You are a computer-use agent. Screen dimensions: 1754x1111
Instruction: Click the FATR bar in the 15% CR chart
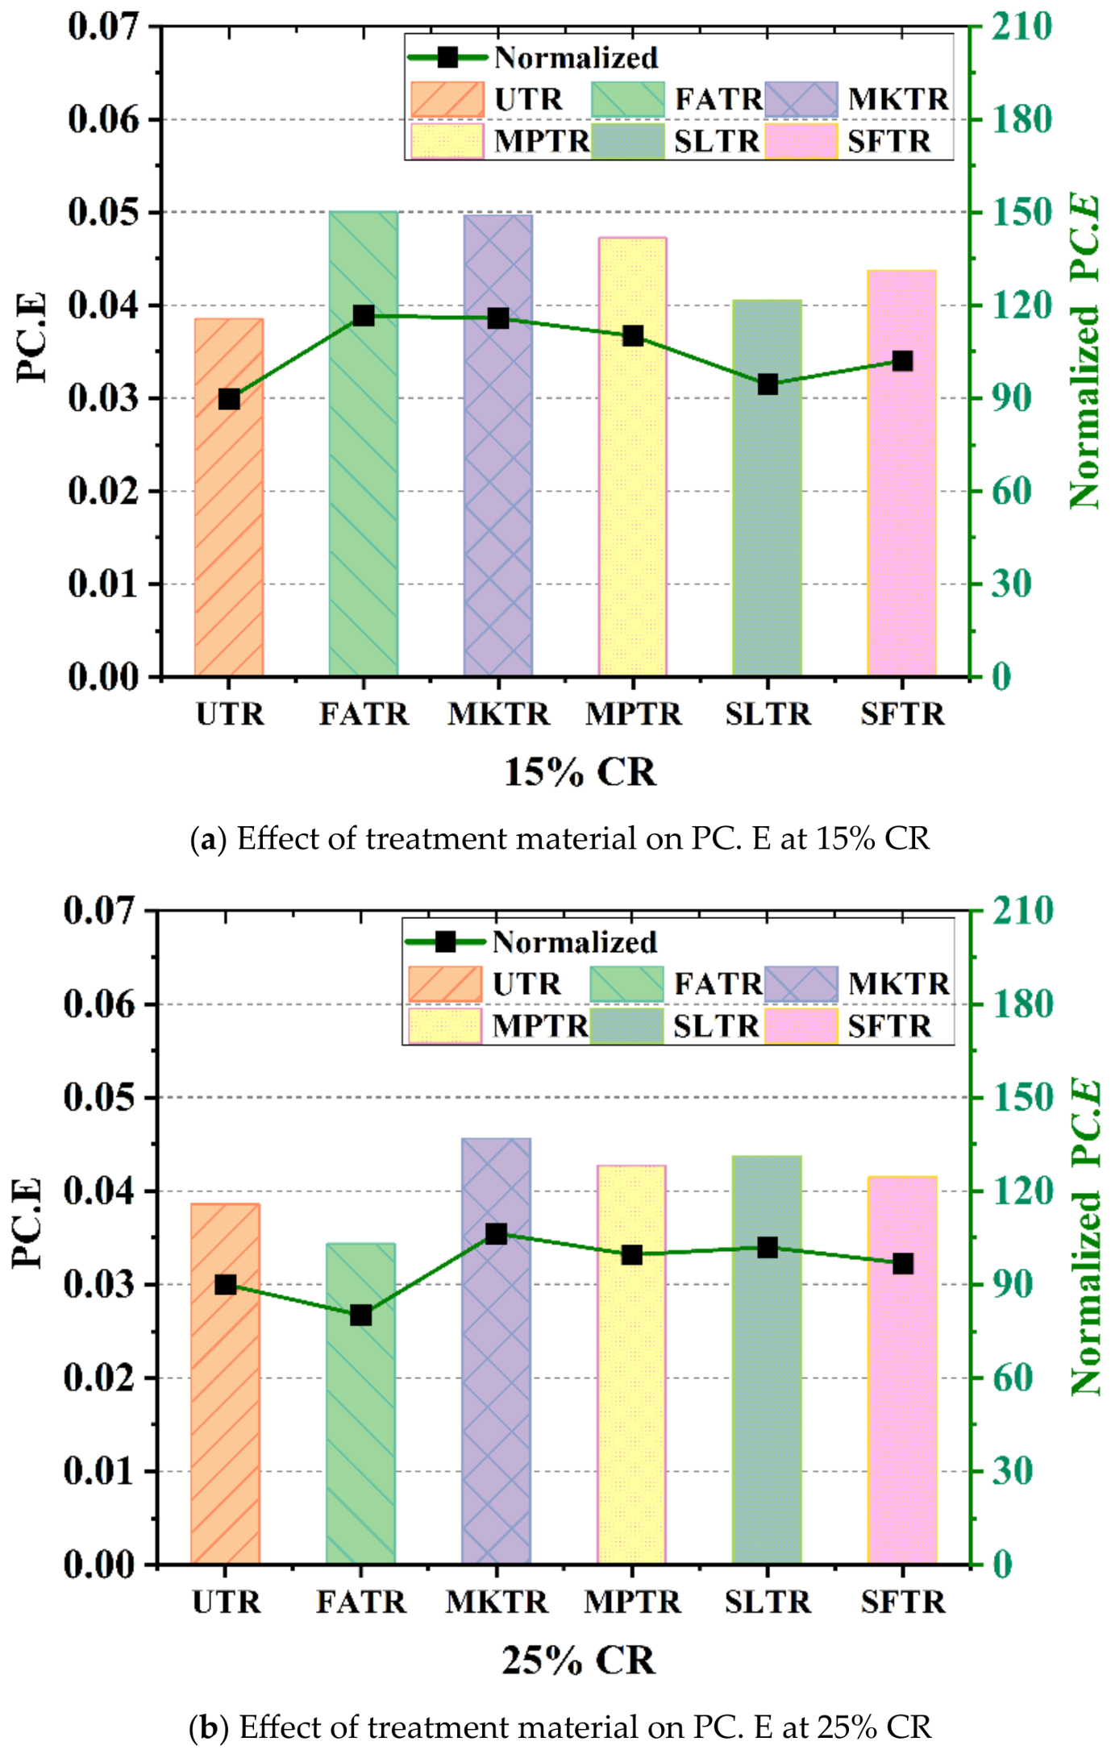[x=363, y=484]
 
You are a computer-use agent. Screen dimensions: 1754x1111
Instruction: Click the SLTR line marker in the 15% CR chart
[x=768, y=384]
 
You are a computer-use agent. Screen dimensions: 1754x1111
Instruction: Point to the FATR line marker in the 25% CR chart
[x=360, y=1315]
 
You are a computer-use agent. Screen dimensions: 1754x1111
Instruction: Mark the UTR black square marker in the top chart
[x=229, y=399]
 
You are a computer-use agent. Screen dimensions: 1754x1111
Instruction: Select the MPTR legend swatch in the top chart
[x=447, y=141]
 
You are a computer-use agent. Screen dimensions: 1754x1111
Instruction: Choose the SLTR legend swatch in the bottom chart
[x=626, y=1026]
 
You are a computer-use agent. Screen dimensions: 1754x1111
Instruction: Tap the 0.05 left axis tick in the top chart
[x=104, y=213]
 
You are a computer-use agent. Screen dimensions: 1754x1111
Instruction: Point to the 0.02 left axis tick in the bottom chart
[x=100, y=1378]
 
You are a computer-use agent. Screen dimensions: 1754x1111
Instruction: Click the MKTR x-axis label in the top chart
[x=498, y=714]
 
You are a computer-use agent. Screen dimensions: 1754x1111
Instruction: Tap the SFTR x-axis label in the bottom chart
[x=902, y=1602]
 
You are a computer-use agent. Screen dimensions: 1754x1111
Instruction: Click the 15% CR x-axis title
[x=580, y=772]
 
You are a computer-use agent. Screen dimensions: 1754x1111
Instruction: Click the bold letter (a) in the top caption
[x=209, y=839]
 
